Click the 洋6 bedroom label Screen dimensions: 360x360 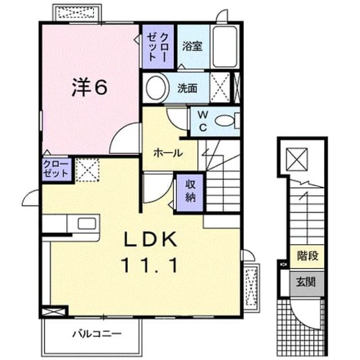[x=89, y=87]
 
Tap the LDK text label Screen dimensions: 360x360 [x=151, y=239]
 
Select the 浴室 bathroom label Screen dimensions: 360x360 [x=192, y=46]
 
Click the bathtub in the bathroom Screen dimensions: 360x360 [x=224, y=47]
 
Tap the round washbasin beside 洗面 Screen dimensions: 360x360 [x=156, y=88]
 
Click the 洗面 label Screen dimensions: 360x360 [x=187, y=88]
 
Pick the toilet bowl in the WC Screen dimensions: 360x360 [x=224, y=121]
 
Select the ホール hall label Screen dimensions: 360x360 [x=168, y=153]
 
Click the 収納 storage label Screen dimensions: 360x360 [x=190, y=191]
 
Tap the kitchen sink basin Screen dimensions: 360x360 [x=87, y=224]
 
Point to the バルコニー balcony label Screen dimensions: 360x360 [x=97, y=334]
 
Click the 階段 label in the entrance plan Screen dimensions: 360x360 [x=308, y=256]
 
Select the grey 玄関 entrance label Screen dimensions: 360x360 [x=306, y=282]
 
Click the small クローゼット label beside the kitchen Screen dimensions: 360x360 [x=56, y=169]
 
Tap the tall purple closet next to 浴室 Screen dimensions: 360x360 [x=158, y=47]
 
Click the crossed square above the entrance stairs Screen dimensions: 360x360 [x=297, y=159]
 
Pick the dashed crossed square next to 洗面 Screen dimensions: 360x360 [x=220, y=88]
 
